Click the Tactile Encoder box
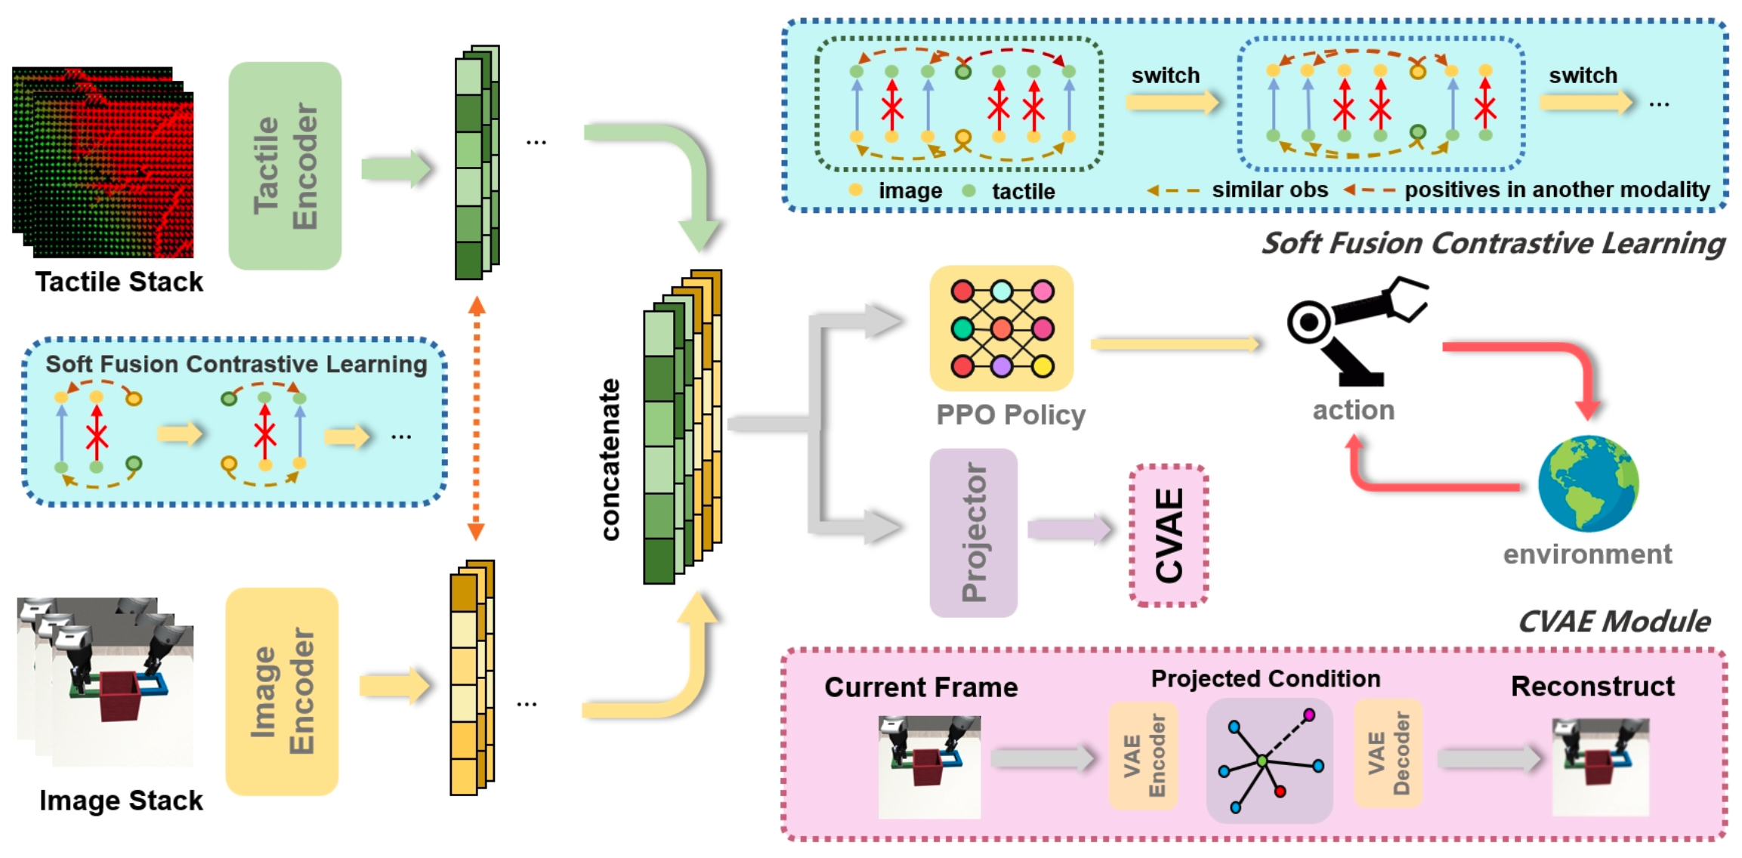(x=285, y=166)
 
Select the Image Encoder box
(x=282, y=691)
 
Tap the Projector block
(x=973, y=532)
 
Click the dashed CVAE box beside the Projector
(x=1169, y=535)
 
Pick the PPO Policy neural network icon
(x=1002, y=329)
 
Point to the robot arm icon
(x=1352, y=329)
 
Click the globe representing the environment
(x=1589, y=483)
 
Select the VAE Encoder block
(x=1143, y=755)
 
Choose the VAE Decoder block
(x=1388, y=753)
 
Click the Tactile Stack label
(x=119, y=282)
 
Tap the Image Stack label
(x=121, y=801)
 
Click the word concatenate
(x=610, y=459)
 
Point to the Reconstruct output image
(x=1600, y=767)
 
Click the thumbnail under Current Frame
(x=929, y=767)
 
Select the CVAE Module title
(x=1614, y=622)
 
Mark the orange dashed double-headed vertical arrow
(x=476, y=419)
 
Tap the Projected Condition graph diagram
(x=1269, y=759)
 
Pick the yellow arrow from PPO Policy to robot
(x=1175, y=344)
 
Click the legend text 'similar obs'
(x=1270, y=190)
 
